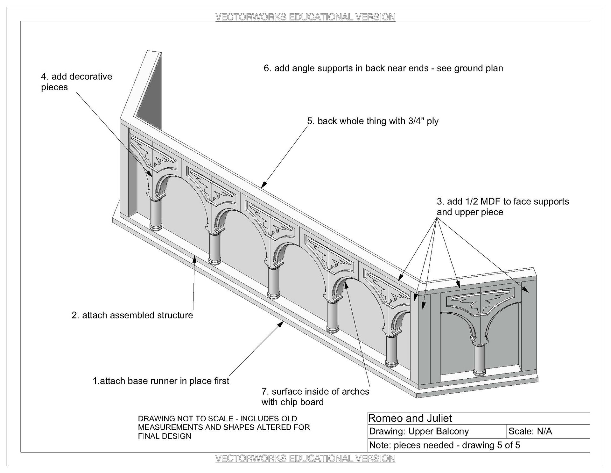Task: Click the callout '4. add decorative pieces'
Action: point(76,82)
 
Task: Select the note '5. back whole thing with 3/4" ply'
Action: point(373,121)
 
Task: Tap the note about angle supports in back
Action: point(383,68)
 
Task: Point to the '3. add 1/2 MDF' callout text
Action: point(502,207)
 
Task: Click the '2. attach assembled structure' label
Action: point(132,315)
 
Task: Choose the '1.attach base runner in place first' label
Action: point(161,381)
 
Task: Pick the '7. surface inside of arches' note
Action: point(315,397)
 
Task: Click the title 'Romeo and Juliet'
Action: point(410,418)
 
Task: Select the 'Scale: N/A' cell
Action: point(530,431)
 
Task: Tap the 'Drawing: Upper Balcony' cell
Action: point(419,431)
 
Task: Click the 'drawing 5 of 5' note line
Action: point(444,445)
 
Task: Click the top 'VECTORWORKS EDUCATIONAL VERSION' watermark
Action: point(305,17)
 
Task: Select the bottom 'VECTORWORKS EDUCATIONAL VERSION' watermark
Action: point(305,459)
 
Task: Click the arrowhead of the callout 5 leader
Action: point(263,185)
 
